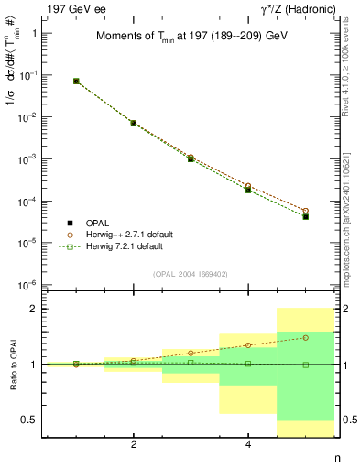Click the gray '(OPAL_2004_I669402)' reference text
coord(191,273)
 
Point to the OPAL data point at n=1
coord(76,81)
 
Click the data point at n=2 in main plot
coord(134,123)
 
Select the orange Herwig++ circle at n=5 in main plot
coord(306,211)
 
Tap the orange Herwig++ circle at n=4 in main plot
coord(248,186)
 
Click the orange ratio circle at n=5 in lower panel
coord(306,337)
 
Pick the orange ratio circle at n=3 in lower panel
coord(191,353)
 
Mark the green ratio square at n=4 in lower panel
coord(248,364)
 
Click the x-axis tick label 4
coord(248,445)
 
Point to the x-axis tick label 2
coord(134,445)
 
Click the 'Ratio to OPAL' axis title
coord(13,364)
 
